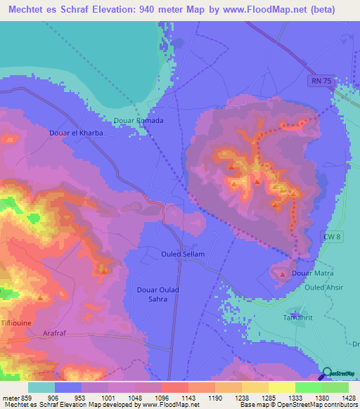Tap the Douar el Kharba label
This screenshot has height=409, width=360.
point(77,132)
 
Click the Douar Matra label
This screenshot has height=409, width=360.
point(312,273)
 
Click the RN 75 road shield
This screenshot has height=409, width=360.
point(319,82)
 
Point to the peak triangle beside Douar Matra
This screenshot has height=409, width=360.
point(283,273)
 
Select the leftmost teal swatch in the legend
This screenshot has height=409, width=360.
point(41,387)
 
